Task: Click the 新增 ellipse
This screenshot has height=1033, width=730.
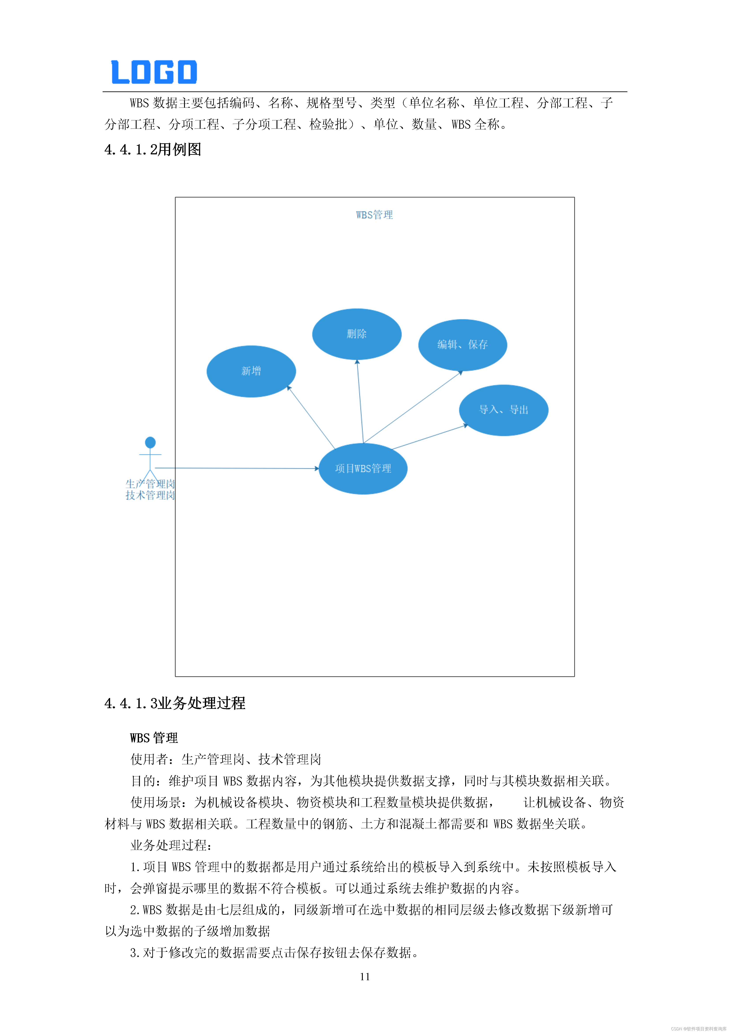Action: click(251, 371)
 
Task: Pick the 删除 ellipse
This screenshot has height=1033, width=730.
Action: click(356, 334)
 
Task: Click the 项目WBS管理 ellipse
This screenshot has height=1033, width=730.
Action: click(363, 468)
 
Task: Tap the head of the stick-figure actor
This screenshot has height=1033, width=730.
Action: click(150, 442)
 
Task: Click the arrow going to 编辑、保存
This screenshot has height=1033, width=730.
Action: click(413, 407)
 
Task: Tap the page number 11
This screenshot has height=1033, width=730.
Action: click(365, 977)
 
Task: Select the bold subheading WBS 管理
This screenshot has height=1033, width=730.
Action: click(154, 738)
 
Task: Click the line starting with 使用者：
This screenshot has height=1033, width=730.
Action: click(226, 759)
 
